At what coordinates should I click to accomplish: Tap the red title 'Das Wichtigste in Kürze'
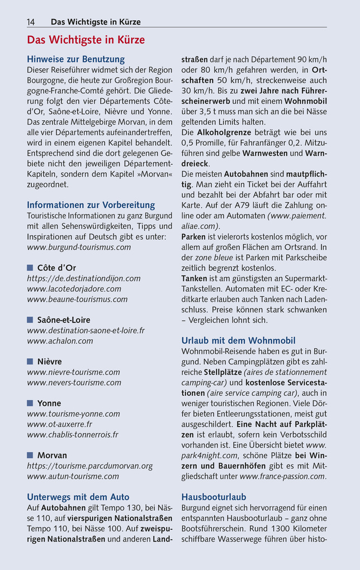coord(86,40)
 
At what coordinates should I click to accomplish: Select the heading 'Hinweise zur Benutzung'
coord(75,59)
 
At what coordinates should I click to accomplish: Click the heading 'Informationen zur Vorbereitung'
coord(91,205)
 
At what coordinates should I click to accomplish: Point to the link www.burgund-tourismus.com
coord(79,247)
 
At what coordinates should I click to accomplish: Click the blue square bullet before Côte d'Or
coord(30,268)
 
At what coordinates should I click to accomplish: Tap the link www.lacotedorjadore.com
coord(74,289)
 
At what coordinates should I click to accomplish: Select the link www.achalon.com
coord(60,341)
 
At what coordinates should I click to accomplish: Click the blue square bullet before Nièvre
coord(30,362)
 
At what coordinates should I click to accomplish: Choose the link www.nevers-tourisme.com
coord(74,383)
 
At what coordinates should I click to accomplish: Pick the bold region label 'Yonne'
coord(49,403)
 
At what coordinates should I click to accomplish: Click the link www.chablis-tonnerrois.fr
coord(73,435)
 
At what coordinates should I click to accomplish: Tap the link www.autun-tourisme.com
coord(73,477)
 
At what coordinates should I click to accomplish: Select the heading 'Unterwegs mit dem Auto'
coord(78,497)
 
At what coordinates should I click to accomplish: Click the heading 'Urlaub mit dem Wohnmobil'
coord(238,340)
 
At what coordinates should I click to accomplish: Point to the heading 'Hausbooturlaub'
coord(214,497)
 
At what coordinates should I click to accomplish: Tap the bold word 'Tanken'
coord(194,278)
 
